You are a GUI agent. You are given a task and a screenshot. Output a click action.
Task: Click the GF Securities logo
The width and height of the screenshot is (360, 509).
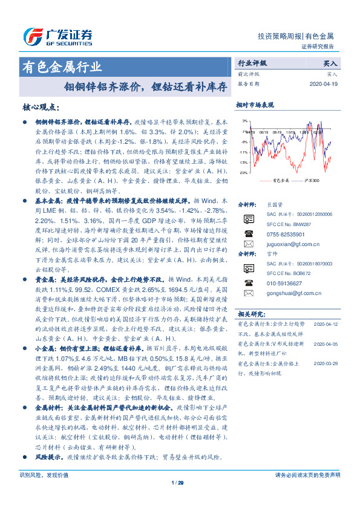tap(57, 34)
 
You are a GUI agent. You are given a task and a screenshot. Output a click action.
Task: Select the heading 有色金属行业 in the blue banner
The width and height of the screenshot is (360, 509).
tap(61, 67)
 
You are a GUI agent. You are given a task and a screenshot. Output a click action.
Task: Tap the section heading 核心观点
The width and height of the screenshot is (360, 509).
tap(41, 107)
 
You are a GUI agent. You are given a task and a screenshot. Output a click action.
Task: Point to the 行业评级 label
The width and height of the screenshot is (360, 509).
tap(252, 63)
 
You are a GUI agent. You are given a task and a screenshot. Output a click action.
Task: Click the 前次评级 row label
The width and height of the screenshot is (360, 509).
tap(247, 74)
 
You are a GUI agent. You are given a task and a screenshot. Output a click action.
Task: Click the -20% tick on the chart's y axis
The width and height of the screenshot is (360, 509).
tap(243, 172)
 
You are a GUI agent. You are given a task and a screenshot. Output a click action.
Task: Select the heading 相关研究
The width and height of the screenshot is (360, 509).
tap(251, 314)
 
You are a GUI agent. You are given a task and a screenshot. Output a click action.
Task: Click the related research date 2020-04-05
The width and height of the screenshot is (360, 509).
tap(327, 343)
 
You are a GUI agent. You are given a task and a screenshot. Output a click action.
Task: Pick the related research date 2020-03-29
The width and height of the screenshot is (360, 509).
tap(327, 363)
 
